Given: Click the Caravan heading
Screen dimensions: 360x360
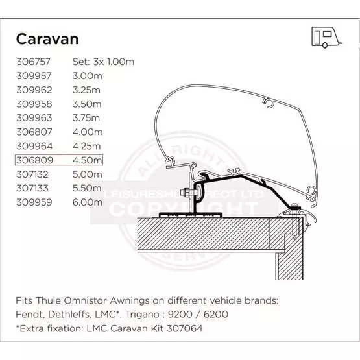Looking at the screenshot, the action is click(47, 39).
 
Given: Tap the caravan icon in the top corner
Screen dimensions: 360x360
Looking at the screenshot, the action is click(326, 37).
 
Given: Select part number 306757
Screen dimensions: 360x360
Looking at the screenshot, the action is click(33, 62).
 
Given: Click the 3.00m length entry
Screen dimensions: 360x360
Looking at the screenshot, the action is click(88, 76).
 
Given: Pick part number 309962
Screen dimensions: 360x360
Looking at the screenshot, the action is click(34, 90).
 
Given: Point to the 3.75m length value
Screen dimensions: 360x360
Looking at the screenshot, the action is click(86, 118).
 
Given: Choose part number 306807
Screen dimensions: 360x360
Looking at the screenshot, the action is click(34, 132).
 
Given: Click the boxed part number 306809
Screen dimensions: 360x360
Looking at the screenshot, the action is click(34, 160).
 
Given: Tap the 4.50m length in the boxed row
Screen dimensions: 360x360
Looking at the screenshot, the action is click(88, 160).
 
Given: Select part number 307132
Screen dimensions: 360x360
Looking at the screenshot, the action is click(32, 174).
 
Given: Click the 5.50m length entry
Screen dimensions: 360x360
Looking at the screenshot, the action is click(87, 188).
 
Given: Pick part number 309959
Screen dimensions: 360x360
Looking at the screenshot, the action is click(34, 202).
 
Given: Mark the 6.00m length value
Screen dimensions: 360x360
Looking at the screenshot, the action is click(88, 202).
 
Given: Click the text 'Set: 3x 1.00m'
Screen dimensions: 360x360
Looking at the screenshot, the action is click(103, 62).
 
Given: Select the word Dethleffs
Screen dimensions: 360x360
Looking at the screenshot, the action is click(69, 315).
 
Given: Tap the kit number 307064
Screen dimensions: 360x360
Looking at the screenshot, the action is click(185, 329).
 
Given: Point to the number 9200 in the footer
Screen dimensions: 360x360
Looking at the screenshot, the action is click(180, 315).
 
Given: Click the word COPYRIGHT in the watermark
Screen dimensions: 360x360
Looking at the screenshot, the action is click(183, 209).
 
